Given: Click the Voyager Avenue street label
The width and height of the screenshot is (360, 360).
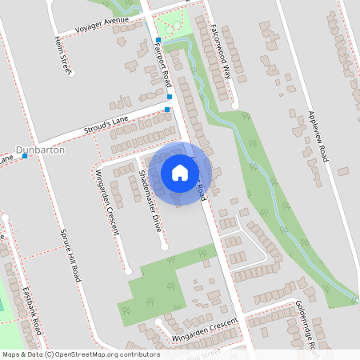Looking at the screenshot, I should coord(102,24).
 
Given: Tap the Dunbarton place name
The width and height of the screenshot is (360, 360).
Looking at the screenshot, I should coord(40,149).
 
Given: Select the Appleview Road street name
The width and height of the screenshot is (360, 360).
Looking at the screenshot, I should coord(318,135).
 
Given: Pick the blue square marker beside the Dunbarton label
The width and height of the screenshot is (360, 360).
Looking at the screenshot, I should coord(26,156).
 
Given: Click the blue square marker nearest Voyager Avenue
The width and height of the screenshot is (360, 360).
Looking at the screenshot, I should coord(158,40).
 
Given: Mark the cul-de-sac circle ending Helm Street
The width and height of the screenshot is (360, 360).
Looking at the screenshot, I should coord(70,74).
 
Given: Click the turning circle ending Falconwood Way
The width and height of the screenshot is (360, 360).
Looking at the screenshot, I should coord(235,104).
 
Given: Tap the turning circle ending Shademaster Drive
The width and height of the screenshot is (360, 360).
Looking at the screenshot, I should coord(164,247).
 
